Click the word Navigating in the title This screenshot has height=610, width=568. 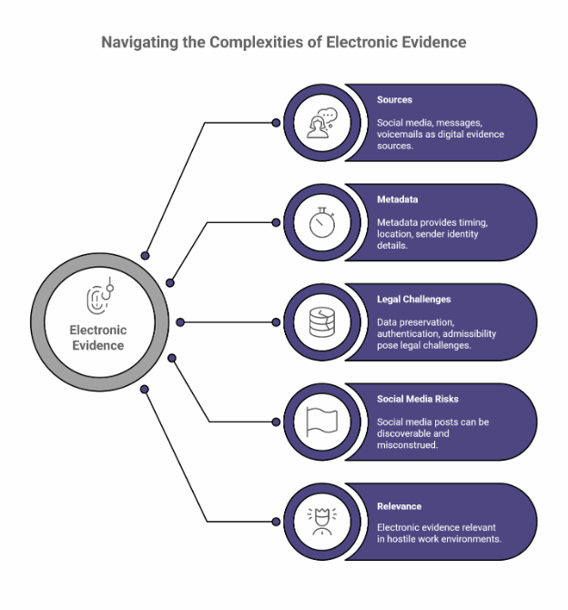point(139,43)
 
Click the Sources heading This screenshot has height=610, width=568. point(394,99)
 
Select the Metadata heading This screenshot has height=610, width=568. point(397,199)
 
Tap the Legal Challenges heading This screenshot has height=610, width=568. point(413,300)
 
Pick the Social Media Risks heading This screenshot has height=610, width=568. point(418,399)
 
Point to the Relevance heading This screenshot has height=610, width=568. point(400,506)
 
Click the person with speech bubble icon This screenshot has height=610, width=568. point(322,123)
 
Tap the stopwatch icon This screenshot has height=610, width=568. point(322,222)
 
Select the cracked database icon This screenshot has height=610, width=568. point(322,322)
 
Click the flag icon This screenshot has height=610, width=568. point(321,422)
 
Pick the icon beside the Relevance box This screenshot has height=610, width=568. point(322,522)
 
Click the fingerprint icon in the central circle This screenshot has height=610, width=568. point(99,297)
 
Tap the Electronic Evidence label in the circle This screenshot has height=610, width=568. point(98,338)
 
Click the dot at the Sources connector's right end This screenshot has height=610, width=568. point(276,123)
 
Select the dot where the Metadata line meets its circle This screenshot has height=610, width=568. point(276,222)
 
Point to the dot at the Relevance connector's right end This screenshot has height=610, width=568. point(276,522)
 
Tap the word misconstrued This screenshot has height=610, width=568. point(407,445)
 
